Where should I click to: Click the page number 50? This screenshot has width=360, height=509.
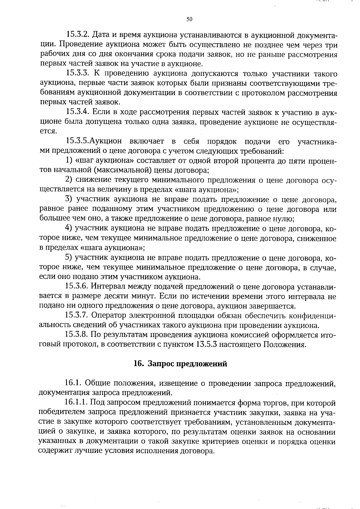click(189, 19)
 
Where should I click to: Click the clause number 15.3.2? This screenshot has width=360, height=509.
click(78, 35)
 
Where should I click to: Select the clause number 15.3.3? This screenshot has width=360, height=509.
click(78, 74)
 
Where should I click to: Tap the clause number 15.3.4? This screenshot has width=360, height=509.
click(78, 112)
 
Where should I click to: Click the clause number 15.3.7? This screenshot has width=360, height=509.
click(78, 316)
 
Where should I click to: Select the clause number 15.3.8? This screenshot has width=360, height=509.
click(78, 335)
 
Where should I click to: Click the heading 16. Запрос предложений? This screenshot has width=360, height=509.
click(180, 364)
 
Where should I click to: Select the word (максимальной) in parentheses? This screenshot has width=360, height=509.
click(121, 171)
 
